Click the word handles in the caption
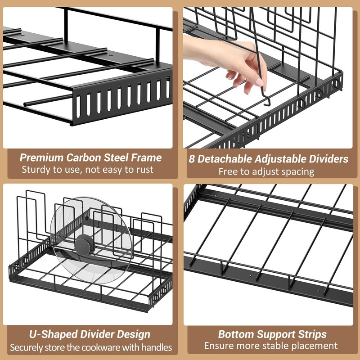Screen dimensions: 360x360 [157, 347]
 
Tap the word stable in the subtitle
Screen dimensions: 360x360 [288, 346]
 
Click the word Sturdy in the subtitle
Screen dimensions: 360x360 [36, 170]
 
